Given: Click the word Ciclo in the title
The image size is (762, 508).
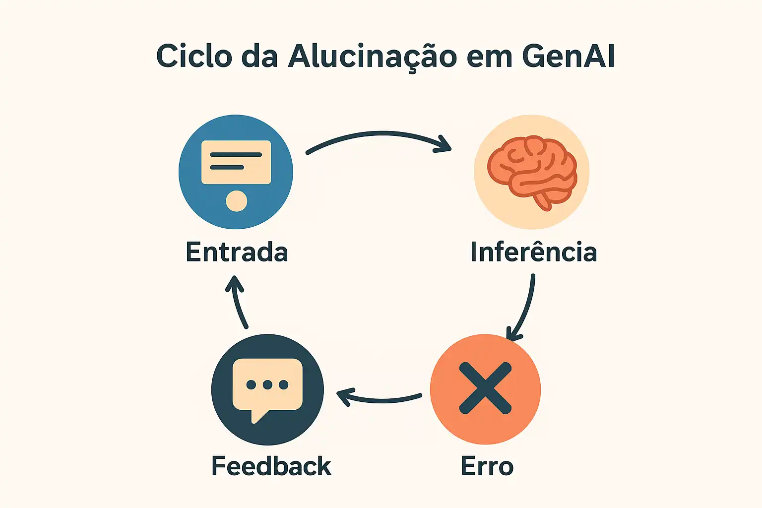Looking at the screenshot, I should pos(194,56).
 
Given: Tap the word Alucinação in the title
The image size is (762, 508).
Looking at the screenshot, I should pos(372,57).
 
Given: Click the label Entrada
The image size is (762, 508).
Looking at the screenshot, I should pos(237,252).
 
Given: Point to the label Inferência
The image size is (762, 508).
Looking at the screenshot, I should pos(533,252).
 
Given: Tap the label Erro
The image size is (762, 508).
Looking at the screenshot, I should pos(487,466).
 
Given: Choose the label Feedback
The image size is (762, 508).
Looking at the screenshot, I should pos(271,466).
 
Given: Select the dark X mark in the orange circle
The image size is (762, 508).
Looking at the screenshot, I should pos(485,388).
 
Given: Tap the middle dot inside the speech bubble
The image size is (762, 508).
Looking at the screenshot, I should pos(267,384).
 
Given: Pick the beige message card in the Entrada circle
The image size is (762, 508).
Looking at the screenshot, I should pos(236,162).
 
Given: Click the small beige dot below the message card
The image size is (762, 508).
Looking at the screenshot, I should pos(236,201).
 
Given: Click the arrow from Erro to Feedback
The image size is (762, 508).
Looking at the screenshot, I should pos(380,399).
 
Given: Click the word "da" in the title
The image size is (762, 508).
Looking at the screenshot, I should pos(259,56).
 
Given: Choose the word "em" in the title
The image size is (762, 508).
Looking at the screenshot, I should pos(488,57).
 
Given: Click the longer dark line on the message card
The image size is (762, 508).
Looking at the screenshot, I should pos(236,155).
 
